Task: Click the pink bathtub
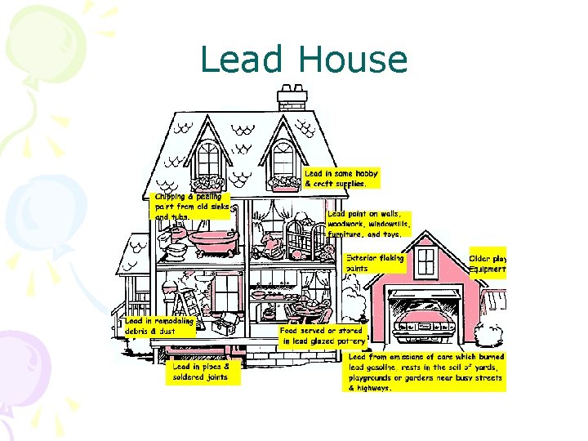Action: tap(211, 240)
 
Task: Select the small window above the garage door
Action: tap(422, 261)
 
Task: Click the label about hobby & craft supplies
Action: tap(341, 179)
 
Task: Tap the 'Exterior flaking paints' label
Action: tap(375, 263)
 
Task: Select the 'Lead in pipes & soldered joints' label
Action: tap(201, 372)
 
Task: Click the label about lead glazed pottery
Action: tap(323, 336)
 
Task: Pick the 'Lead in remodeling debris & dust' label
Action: tap(160, 327)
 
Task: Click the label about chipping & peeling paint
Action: tap(193, 207)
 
